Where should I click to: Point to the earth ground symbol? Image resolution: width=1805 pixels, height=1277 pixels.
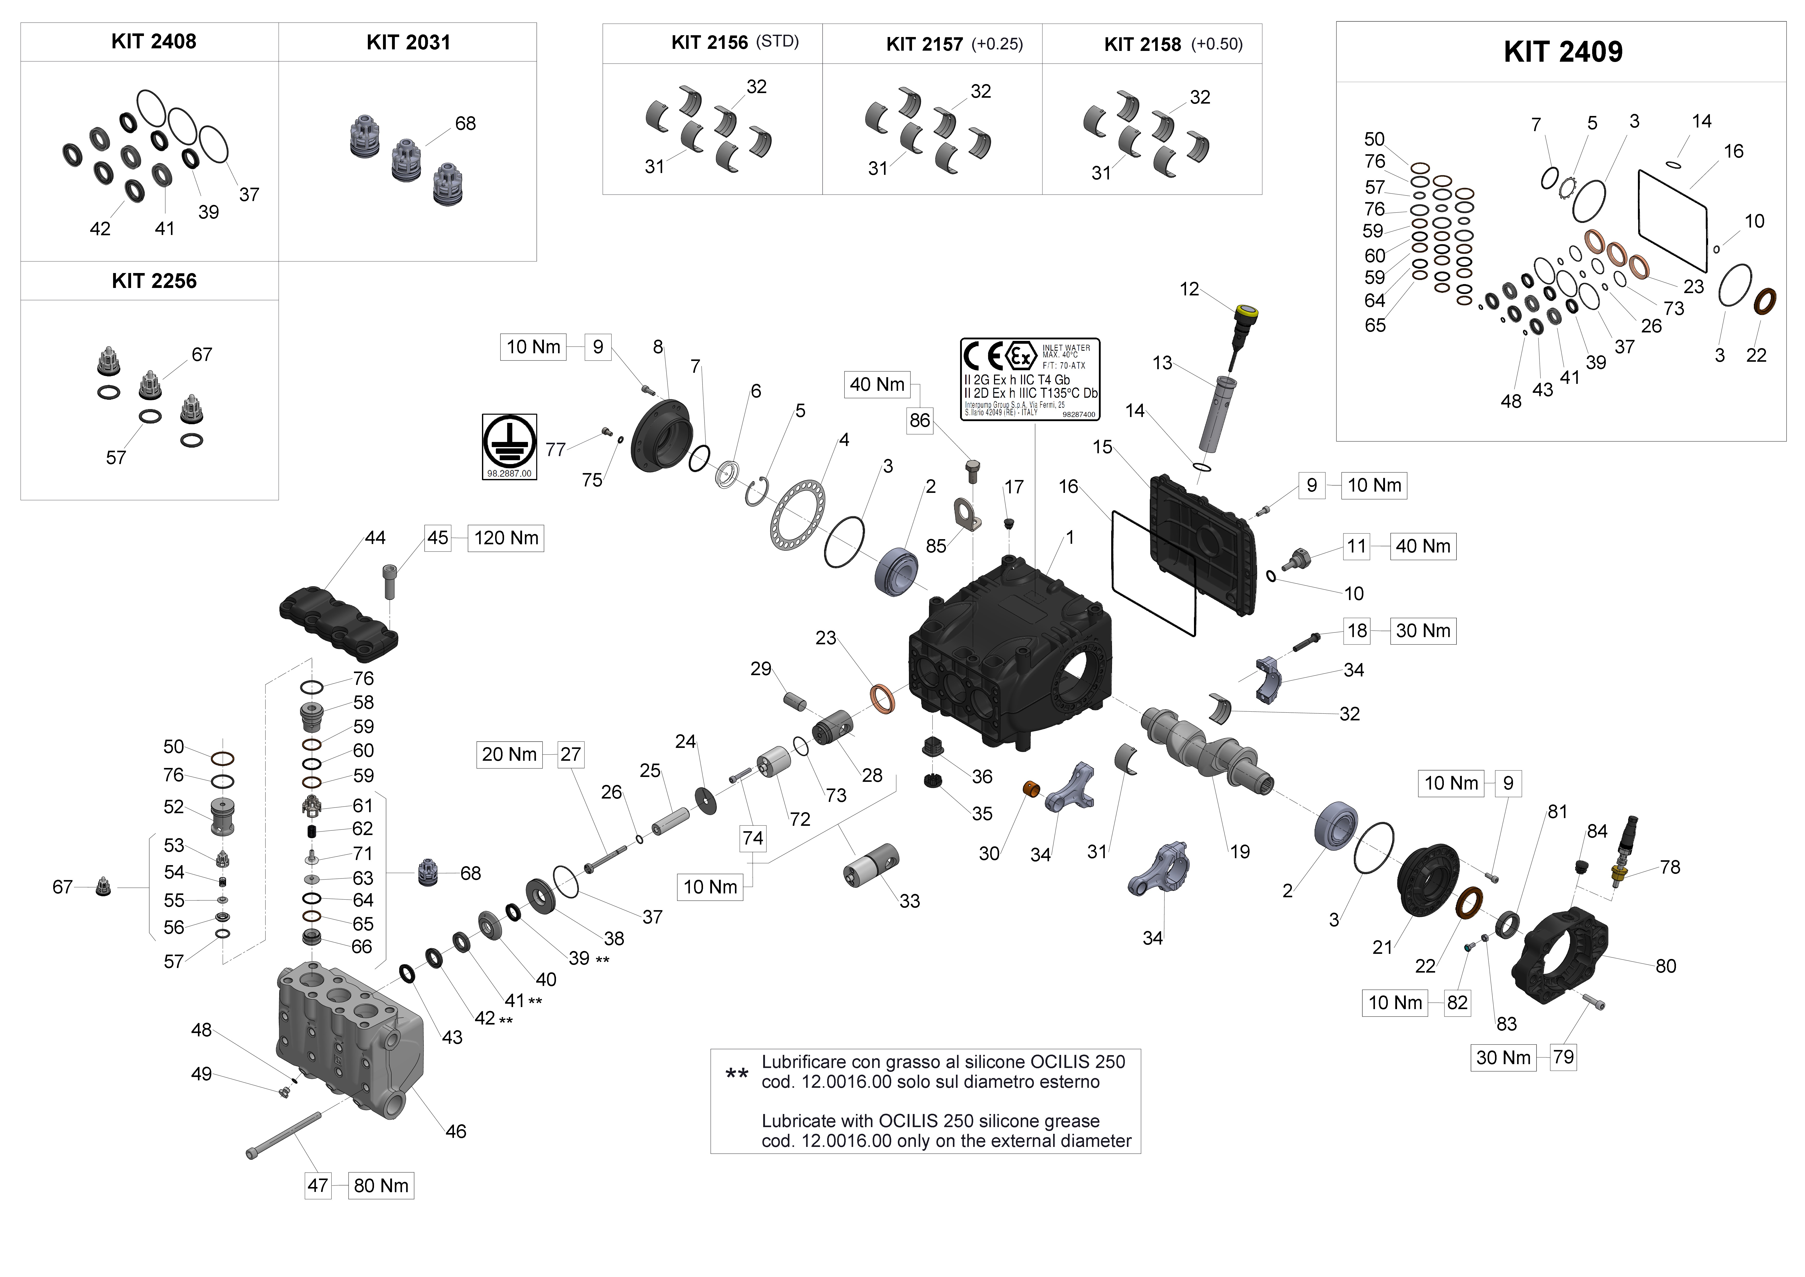pos(509,443)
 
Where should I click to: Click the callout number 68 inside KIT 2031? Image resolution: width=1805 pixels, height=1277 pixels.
pos(466,123)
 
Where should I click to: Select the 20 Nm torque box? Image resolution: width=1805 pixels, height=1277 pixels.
pos(509,755)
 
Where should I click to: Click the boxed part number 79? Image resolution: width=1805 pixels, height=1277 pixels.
pos(1563,1057)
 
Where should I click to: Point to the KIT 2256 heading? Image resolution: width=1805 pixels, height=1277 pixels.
pos(154,282)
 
